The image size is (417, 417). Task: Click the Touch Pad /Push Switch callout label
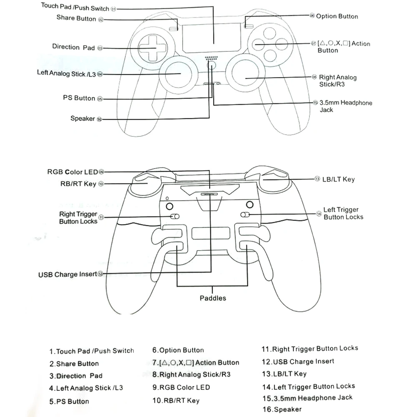point(75,7)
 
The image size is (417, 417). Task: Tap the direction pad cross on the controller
point(153,48)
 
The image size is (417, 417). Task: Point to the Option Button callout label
point(337,17)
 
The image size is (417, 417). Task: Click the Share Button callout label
point(76,18)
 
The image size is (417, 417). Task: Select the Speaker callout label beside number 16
point(83,119)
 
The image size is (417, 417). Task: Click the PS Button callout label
point(79,98)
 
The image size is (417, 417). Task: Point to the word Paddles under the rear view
point(213,298)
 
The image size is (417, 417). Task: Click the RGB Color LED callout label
point(73,172)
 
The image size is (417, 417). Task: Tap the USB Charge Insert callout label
point(68,274)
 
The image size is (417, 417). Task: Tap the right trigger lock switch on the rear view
point(175,216)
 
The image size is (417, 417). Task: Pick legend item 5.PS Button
point(69,402)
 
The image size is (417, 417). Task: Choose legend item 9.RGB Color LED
point(181,387)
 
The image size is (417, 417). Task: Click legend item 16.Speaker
point(281,409)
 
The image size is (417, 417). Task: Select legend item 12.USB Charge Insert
point(298,362)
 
